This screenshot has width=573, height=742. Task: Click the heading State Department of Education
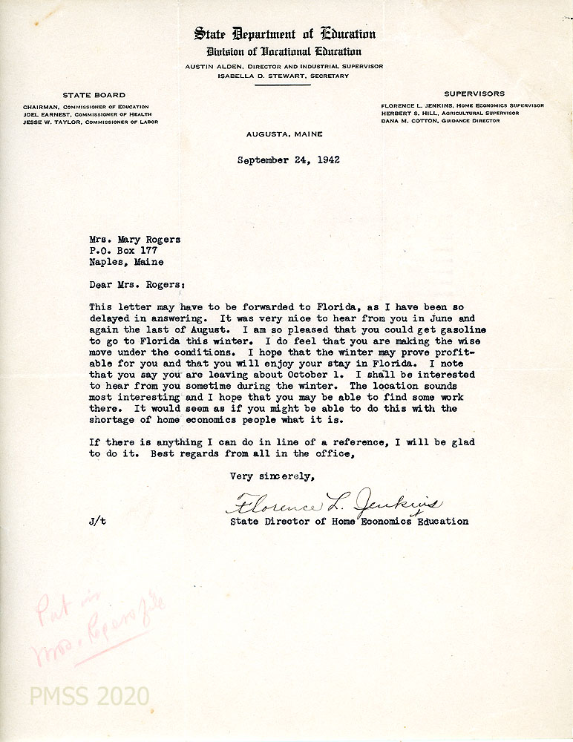[x=285, y=33]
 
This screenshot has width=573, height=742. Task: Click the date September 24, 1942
[x=289, y=160]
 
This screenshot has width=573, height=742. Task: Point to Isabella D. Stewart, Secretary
[x=284, y=76]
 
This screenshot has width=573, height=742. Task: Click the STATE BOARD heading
[x=94, y=95]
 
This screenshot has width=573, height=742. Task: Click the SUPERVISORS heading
[x=474, y=93]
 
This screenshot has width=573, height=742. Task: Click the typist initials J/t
[x=97, y=522]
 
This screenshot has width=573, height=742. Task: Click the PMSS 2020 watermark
[x=89, y=696]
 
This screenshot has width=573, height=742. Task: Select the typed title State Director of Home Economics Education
[x=349, y=522]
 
